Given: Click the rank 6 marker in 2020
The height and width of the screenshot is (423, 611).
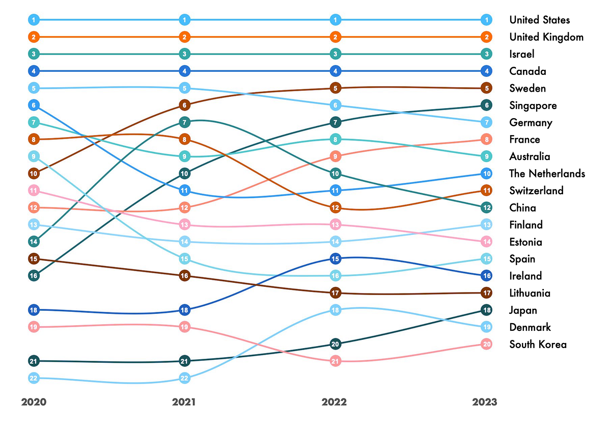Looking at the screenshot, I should click(x=34, y=105).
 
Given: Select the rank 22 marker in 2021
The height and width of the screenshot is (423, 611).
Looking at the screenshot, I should click(x=185, y=378).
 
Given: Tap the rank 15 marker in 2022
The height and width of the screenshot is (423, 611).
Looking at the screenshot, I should click(x=335, y=259).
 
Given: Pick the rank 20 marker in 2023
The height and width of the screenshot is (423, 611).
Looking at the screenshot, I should click(x=486, y=344).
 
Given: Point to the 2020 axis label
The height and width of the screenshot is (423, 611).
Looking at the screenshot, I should click(x=34, y=402).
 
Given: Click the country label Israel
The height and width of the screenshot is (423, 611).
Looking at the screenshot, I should click(x=522, y=54).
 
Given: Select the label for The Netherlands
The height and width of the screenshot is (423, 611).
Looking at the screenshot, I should click(x=547, y=173).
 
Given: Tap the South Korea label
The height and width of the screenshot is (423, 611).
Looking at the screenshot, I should click(x=538, y=344).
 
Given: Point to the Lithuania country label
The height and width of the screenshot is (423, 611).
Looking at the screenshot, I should click(x=530, y=293).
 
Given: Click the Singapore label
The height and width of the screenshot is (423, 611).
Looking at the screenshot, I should click(x=533, y=105).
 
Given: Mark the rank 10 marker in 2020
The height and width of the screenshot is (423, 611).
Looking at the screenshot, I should click(x=34, y=173).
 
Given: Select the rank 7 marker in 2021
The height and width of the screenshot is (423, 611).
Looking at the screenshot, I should click(x=185, y=122).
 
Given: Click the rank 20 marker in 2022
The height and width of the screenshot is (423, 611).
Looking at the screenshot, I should click(x=335, y=344).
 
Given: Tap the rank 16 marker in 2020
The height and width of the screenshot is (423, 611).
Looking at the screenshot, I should click(x=34, y=276).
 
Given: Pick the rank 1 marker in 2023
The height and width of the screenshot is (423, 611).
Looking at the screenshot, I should click(x=486, y=20).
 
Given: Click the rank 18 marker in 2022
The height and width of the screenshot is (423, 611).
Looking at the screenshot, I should click(x=335, y=310).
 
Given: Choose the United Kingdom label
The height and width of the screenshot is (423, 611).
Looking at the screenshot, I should click(x=546, y=37).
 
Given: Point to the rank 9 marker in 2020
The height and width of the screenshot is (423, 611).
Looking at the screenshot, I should click(x=34, y=156).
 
